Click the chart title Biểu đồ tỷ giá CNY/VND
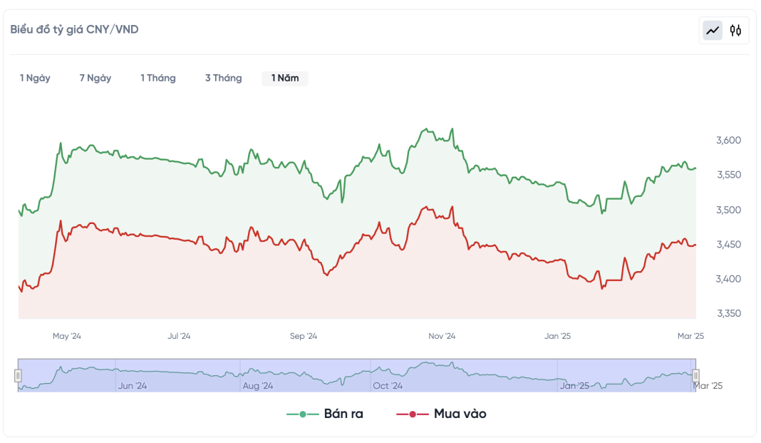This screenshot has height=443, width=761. tap(74, 29)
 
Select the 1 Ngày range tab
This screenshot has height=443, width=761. tap(35, 78)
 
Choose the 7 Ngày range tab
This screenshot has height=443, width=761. tap(95, 78)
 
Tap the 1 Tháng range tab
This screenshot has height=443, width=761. tap(158, 78)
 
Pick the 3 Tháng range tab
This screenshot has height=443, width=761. tap(224, 78)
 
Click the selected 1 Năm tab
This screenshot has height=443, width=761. tap(285, 78)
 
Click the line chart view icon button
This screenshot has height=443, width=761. tap(713, 30)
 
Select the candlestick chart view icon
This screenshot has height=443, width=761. tap(736, 30)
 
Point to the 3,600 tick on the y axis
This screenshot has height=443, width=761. tap(729, 141)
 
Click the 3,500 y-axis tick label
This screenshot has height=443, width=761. tap(729, 210)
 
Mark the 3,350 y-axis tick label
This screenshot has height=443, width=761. tap(729, 314)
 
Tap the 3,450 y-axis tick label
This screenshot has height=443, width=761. tap(729, 245)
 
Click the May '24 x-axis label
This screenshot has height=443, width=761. tap(67, 336)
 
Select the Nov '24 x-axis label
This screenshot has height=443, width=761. tap(442, 336)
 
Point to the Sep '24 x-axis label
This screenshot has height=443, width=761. tap(304, 336)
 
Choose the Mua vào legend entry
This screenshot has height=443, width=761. tap(442, 414)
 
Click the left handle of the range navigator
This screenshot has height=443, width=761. tap(19, 375)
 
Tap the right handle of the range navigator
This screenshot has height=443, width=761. tap(696, 375)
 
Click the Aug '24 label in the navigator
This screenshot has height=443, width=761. tap(258, 386)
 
